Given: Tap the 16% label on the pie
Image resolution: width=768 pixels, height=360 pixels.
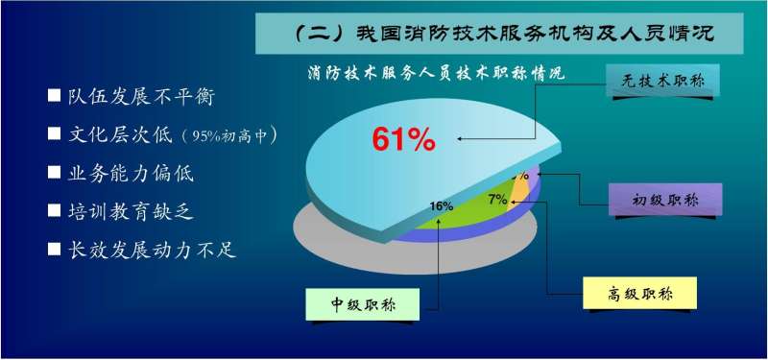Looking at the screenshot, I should tap(442, 206).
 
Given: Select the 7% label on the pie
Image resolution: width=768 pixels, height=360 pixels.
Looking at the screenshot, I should tap(497, 200).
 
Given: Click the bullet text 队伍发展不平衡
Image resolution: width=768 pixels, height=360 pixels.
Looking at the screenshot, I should tap(139, 97).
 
